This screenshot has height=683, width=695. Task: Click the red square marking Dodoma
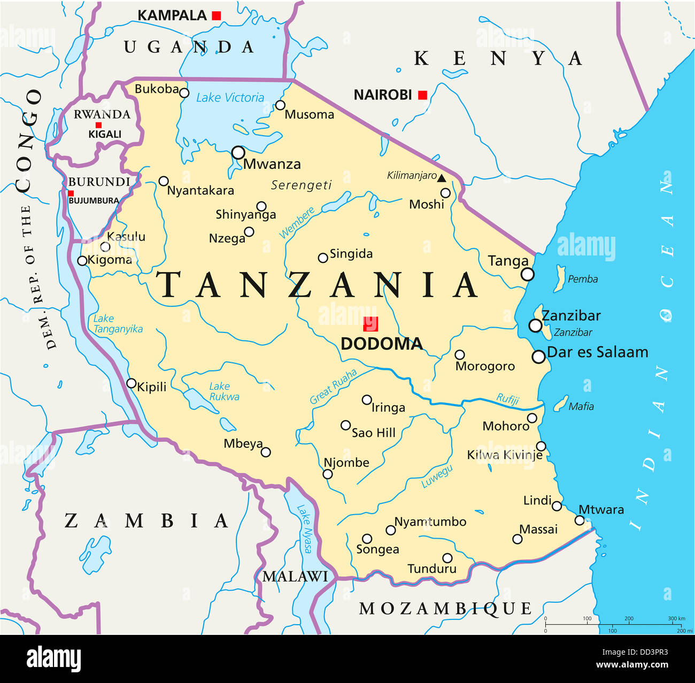[370, 324]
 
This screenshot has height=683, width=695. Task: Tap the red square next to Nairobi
[422, 95]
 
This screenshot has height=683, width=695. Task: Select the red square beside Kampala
[216, 15]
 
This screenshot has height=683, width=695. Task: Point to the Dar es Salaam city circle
[538, 356]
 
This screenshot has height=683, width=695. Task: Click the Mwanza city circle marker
[238, 153]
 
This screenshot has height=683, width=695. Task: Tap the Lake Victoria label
[230, 98]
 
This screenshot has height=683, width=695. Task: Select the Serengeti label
[301, 185]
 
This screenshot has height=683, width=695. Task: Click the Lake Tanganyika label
[117, 324]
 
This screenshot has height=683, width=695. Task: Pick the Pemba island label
[582, 279]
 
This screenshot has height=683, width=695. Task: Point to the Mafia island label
[581, 407]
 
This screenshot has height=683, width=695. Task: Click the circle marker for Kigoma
[82, 261]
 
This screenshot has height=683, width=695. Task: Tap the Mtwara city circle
[580, 520]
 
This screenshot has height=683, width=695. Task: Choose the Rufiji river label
[507, 399]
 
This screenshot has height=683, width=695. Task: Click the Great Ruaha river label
[333, 386]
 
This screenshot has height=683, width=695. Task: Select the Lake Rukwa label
[223, 391]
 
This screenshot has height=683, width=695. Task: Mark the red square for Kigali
[98, 125]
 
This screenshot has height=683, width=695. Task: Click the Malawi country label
[295, 577]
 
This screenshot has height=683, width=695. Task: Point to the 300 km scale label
[676, 618]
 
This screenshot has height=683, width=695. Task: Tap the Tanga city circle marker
[527, 274]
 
